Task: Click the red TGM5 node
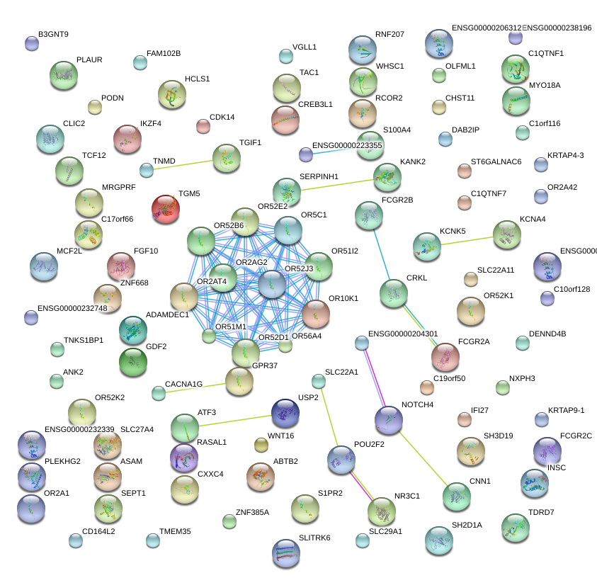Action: pos(166,210)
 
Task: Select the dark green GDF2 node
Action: pos(133,362)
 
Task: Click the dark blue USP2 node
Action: pos(285,411)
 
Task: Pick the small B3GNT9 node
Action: pos(32,43)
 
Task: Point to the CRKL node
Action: pos(394,293)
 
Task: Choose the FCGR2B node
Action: pos(368,215)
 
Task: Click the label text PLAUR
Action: pos(89,60)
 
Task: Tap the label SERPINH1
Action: pos(319,176)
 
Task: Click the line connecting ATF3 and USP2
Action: pos(235,420)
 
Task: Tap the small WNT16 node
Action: pos(261,445)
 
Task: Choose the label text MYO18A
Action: pos(545,86)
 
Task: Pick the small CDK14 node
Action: pos(203,126)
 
